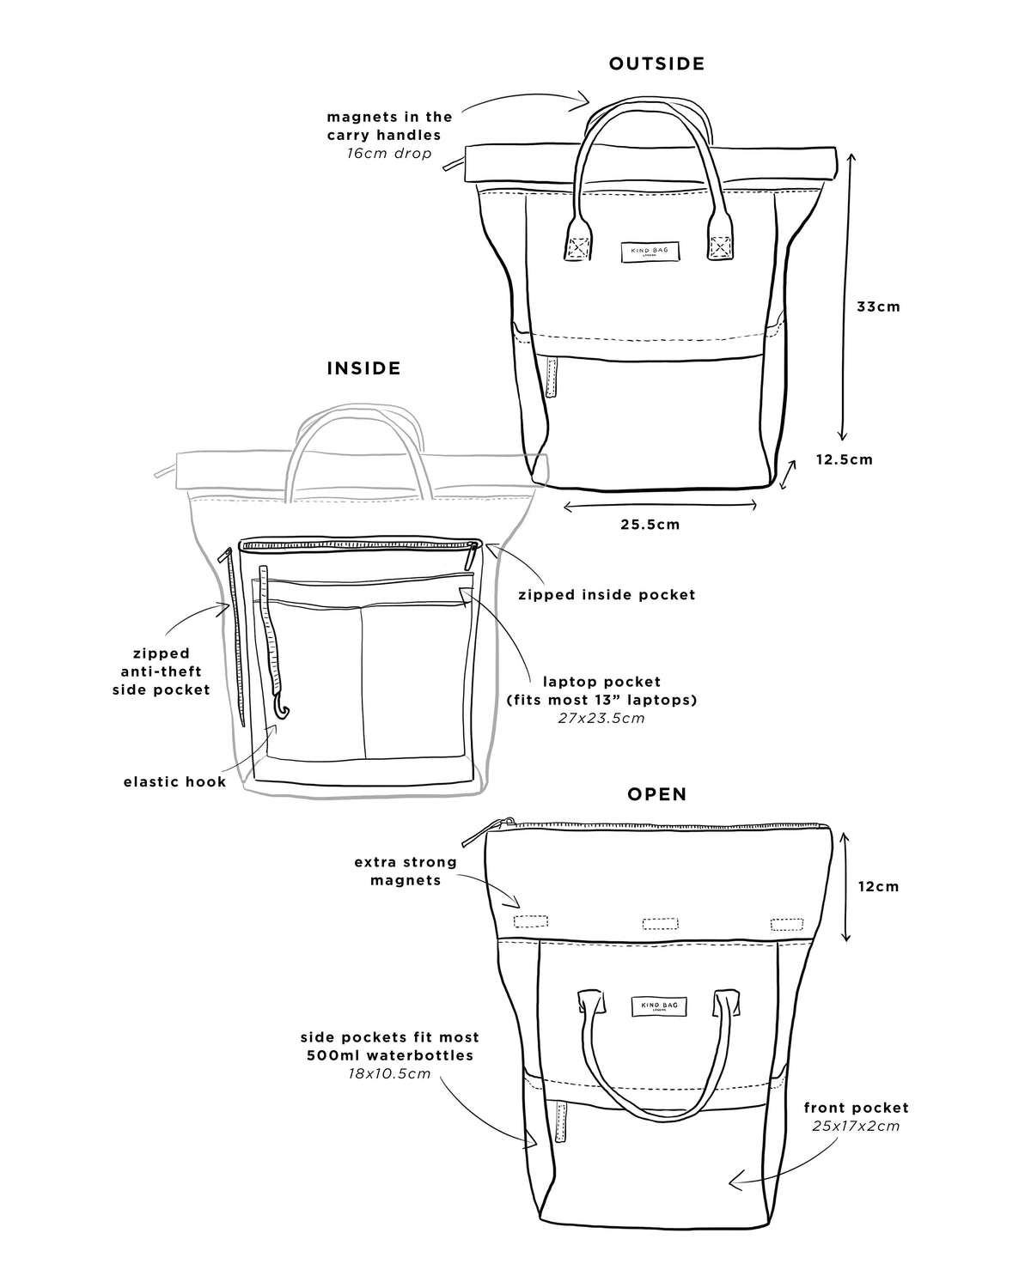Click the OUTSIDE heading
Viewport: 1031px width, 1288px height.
[x=656, y=64]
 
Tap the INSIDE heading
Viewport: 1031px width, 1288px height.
[x=363, y=368]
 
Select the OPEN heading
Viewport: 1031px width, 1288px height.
[x=656, y=794]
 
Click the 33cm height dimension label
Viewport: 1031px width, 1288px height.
[x=878, y=307]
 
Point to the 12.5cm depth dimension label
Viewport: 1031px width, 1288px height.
[x=844, y=460]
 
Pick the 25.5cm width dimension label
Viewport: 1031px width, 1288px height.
[x=650, y=525]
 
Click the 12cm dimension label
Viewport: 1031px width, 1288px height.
[x=878, y=886]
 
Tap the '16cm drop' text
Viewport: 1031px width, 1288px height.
[x=389, y=153]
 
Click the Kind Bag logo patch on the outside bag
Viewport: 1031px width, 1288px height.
[x=650, y=252]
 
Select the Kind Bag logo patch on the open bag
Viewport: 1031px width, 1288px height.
[x=659, y=1006]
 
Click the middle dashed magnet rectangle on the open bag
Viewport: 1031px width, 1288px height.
[x=660, y=924]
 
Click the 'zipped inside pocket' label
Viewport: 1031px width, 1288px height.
[x=607, y=595]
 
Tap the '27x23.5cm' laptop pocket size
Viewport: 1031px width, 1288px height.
[x=601, y=718]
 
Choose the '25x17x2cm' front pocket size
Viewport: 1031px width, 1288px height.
[x=856, y=1127]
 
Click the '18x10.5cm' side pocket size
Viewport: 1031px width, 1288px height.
[x=389, y=1073]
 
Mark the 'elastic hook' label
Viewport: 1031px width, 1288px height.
[x=175, y=781]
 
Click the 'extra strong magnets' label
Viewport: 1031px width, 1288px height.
[x=406, y=872]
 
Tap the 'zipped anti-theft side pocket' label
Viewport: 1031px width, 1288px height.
[x=162, y=671]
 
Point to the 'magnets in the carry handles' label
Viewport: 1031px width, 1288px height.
[x=389, y=125]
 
